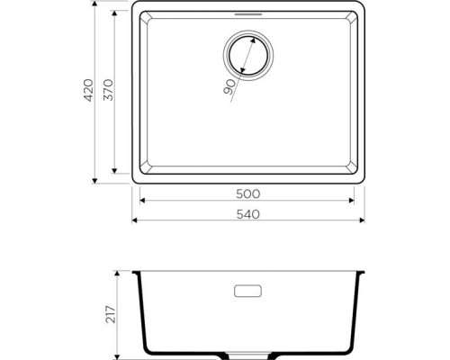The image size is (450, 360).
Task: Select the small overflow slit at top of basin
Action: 246,15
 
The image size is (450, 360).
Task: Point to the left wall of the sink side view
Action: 139,306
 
